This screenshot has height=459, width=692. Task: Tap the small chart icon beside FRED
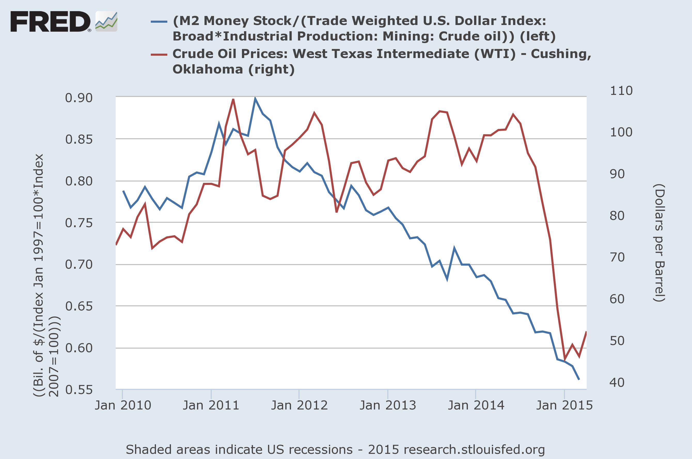(106, 21)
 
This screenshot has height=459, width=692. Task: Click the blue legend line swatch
(159, 21)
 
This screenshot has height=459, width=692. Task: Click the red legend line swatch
(159, 54)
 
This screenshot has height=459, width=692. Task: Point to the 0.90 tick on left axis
(79, 98)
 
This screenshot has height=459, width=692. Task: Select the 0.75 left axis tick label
(79, 223)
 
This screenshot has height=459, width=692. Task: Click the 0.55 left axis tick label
(79, 390)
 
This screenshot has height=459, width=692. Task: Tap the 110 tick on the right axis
(621, 91)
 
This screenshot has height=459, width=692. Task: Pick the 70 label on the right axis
(617, 258)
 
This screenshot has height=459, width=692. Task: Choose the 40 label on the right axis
(617, 382)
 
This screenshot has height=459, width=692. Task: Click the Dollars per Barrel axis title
(659, 243)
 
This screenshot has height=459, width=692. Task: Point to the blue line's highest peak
(255, 98)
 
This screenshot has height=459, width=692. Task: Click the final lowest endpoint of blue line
(579, 380)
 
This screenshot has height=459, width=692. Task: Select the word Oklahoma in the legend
(208, 70)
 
